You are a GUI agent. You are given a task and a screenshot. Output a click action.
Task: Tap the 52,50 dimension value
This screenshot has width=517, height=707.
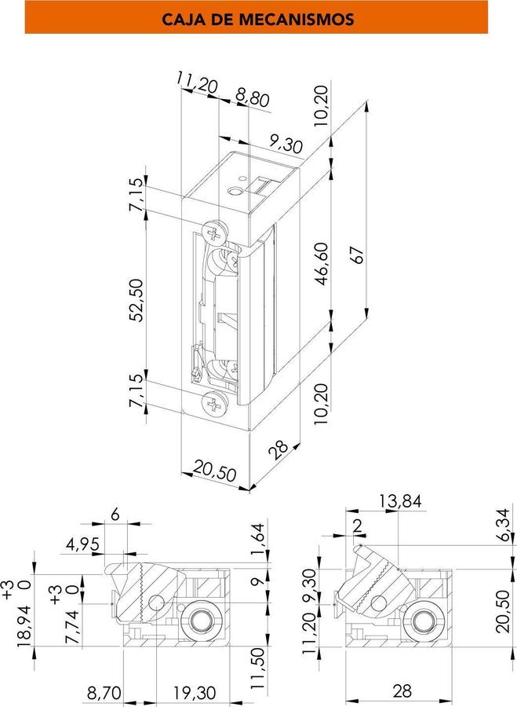(x=137, y=300)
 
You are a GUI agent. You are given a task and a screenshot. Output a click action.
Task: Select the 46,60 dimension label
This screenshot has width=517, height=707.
(x=322, y=264)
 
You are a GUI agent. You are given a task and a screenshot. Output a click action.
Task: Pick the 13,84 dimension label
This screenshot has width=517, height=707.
(x=400, y=500)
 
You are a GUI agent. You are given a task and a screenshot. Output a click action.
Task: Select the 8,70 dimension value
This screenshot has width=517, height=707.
(x=104, y=693)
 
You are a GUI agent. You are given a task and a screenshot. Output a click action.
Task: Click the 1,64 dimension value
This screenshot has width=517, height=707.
(x=257, y=539)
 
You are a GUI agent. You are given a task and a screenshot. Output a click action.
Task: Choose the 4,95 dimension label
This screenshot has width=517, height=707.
(x=82, y=544)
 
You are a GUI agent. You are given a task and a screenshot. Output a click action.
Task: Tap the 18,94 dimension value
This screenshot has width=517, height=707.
(x=25, y=626)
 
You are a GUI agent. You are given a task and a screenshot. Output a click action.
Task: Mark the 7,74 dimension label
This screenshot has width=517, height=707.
(x=72, y=627)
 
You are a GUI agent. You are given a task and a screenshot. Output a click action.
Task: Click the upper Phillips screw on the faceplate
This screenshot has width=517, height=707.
(x=215, y=233)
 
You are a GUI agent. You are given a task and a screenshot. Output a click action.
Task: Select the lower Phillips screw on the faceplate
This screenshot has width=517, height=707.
(x=214, y=403)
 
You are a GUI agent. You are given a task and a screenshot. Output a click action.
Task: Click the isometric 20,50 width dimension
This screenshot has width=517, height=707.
(x=215, y=471)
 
